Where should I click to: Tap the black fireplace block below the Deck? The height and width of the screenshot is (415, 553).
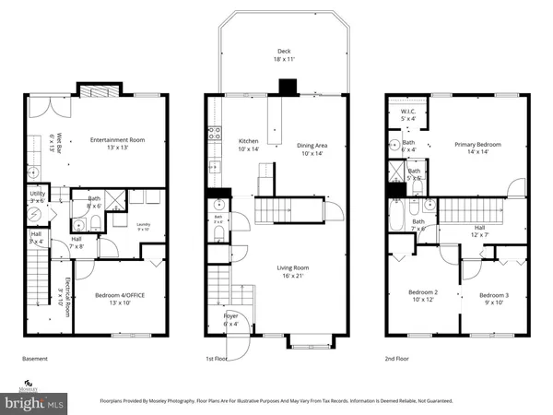[288, 87]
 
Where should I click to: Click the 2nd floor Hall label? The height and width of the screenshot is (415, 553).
[479, 231]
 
